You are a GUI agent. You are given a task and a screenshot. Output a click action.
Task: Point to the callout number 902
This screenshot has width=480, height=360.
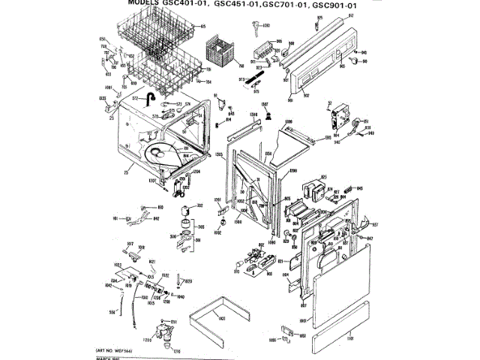[306, 96]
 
